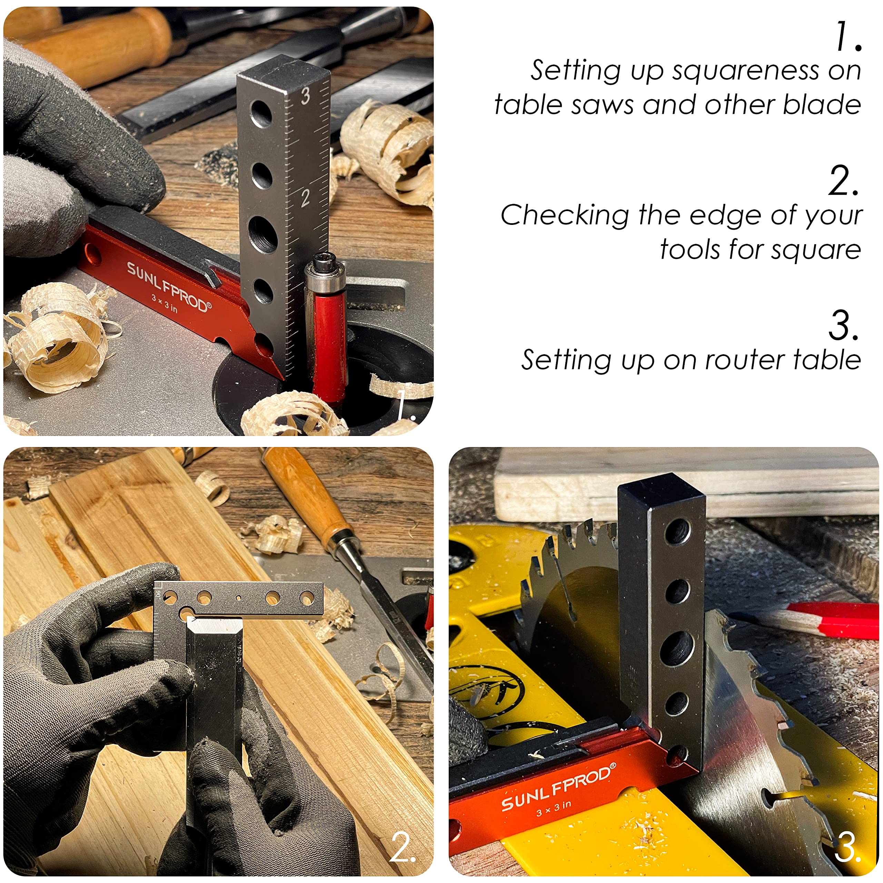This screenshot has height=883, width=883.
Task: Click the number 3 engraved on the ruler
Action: coord(305,96)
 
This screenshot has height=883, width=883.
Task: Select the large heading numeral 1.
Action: coord(848,37)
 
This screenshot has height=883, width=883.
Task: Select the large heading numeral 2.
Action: coord(843,181)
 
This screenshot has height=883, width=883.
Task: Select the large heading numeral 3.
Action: coord(843,325)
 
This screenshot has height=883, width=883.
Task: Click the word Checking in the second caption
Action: coord(565,215)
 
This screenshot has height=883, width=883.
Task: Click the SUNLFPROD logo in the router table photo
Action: coord(169,287)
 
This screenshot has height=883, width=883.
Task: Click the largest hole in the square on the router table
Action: coord(263,234)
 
